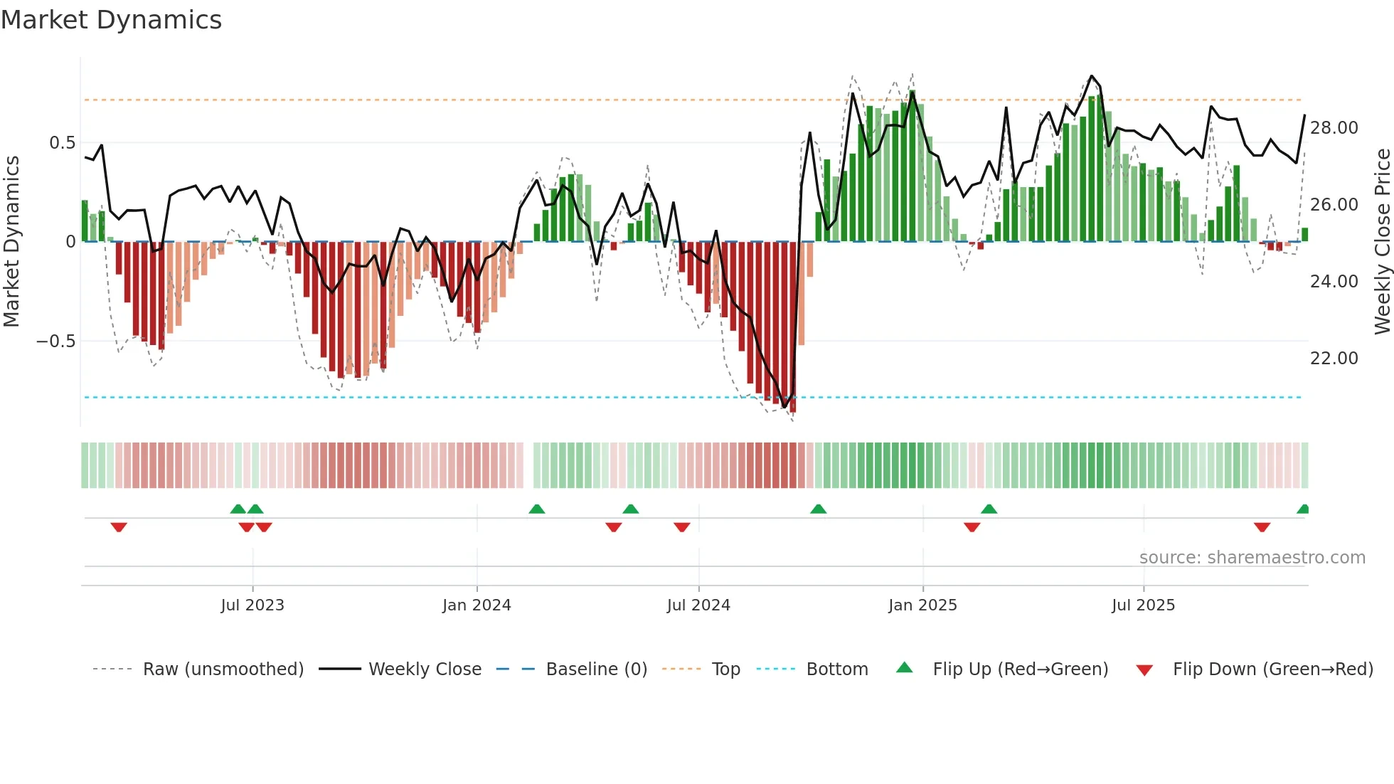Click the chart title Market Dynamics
click(x=111, y=20)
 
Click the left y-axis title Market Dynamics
click(x=11, y=241)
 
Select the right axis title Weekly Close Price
click(x=1382, y=241)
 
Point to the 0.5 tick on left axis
click(x=62, y=143)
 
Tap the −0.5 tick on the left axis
click(x=55, y=341)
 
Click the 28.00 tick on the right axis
click(x=1334, y=128)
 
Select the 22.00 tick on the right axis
click(x=1334, y=359)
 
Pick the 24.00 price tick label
click(x=1334, y=282)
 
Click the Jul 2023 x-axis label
click(x=252, y=605)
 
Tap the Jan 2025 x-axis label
click(x=922, y=605)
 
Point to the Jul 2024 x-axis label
click(x=698, y=605)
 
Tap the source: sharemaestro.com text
click(x=1252, y=558)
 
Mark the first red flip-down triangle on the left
click(x=119, y=527)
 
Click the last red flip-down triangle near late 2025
click(x=1262, y=527)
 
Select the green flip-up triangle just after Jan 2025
click(x=989, y=509)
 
